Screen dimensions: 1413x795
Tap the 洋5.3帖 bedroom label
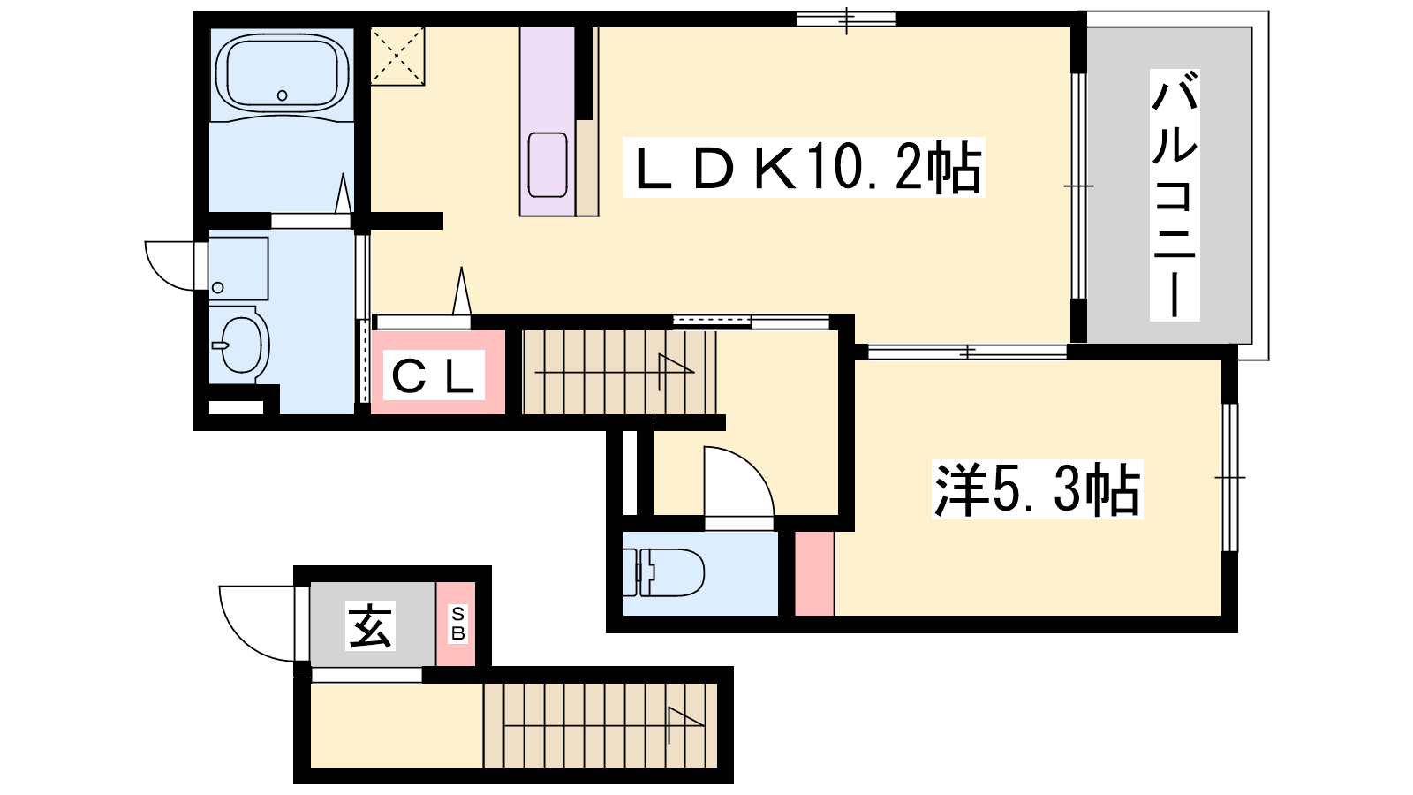1037,489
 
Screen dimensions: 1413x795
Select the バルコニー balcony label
1174,195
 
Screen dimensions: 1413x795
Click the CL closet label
433,376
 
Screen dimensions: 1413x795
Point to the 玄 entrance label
370,626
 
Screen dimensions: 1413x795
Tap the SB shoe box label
458,624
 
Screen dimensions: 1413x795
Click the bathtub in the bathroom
282,74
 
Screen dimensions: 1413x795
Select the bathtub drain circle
282,95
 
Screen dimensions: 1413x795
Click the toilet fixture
663,572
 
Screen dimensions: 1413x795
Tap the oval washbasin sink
242,345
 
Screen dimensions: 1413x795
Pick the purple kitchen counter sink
548,165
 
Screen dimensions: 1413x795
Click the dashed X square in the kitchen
397,57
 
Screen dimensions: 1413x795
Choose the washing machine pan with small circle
238,269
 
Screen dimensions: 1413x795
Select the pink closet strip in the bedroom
814,573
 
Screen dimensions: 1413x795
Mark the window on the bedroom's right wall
1230,478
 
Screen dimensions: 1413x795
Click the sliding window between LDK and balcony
1078,186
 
